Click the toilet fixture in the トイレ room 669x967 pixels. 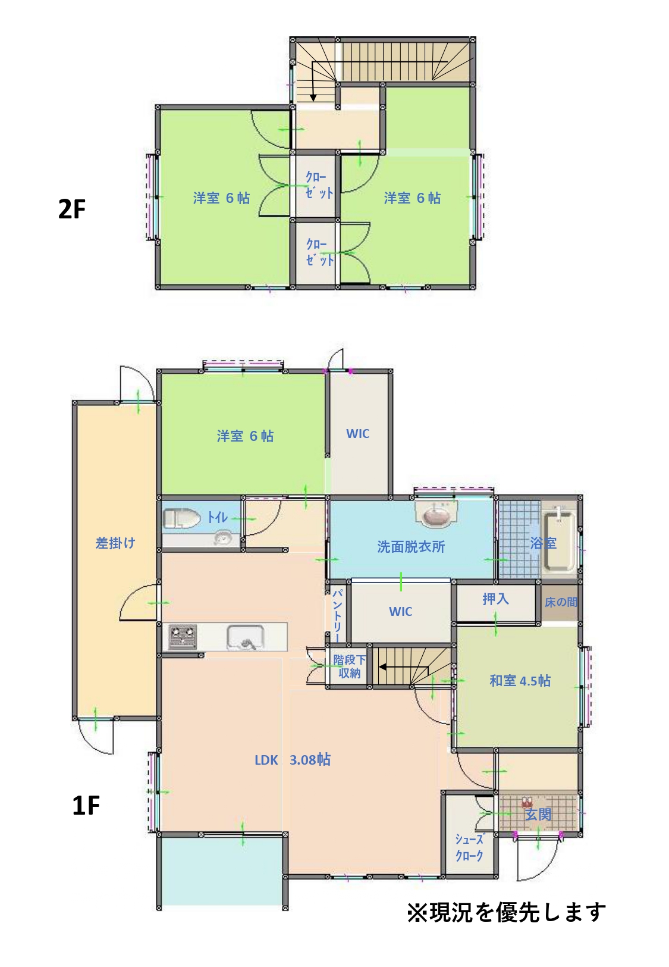point(181,518)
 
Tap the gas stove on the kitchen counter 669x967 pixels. point(183,637)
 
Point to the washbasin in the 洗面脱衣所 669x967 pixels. point(434,514)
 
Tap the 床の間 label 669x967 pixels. point(560,602)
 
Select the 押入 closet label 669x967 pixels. point(495,599)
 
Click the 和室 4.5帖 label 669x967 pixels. point(520,681)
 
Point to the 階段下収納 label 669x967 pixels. point(349,666)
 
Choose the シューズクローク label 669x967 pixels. point(469,847)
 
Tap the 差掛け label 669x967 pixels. point(115,543)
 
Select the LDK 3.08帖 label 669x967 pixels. point(293,759)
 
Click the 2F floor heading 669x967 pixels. point(71,209)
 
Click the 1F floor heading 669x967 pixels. point(86,806)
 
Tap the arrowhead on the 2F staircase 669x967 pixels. point(313,98)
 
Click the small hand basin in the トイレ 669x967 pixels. point(223,538)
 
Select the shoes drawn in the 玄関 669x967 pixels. point(527,803)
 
